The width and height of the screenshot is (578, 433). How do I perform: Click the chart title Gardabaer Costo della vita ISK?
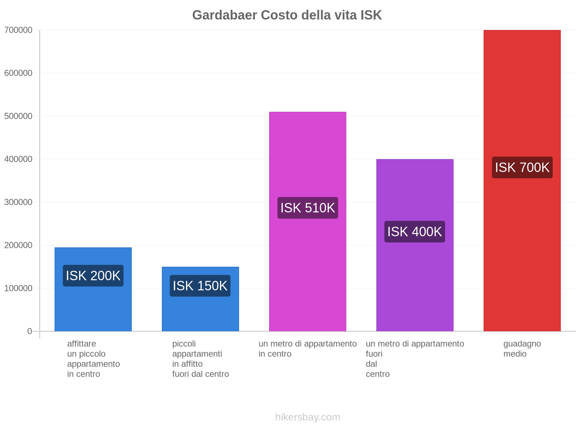(x=287, y=15)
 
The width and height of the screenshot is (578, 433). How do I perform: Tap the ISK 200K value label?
(x=93, y=276)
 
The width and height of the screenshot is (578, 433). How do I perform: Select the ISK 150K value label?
(x=200, y=286)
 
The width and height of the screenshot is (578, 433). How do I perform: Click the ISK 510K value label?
(x=308, y=208)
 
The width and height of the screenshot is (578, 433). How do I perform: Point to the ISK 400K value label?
(x=415, y=232)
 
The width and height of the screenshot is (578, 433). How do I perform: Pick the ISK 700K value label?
(x=522, y=167)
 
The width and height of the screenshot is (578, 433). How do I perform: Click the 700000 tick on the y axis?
(x=18, y=30)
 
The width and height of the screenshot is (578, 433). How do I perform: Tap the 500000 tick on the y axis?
(x=18, y=116)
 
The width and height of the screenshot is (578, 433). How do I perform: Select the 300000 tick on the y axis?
(x=18, y=202)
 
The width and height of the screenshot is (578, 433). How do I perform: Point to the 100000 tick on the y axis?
(x=18, y=288)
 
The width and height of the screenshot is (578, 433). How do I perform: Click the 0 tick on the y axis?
(x=30, y=331)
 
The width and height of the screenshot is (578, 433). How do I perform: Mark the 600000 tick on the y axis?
(x=18, y=73)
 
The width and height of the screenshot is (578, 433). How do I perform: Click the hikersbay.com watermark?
(x=307, y=417)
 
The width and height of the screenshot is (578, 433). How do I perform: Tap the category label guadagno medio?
(x=522, y=349)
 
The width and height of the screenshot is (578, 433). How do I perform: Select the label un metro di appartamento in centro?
(x=307, y=349)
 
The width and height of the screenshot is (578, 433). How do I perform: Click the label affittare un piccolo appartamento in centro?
(x=93, y=359)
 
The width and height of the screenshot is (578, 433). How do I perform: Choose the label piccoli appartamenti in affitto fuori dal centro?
(x=200, y=359)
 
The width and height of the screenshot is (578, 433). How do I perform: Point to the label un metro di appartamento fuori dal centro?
(x=415, y=359)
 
